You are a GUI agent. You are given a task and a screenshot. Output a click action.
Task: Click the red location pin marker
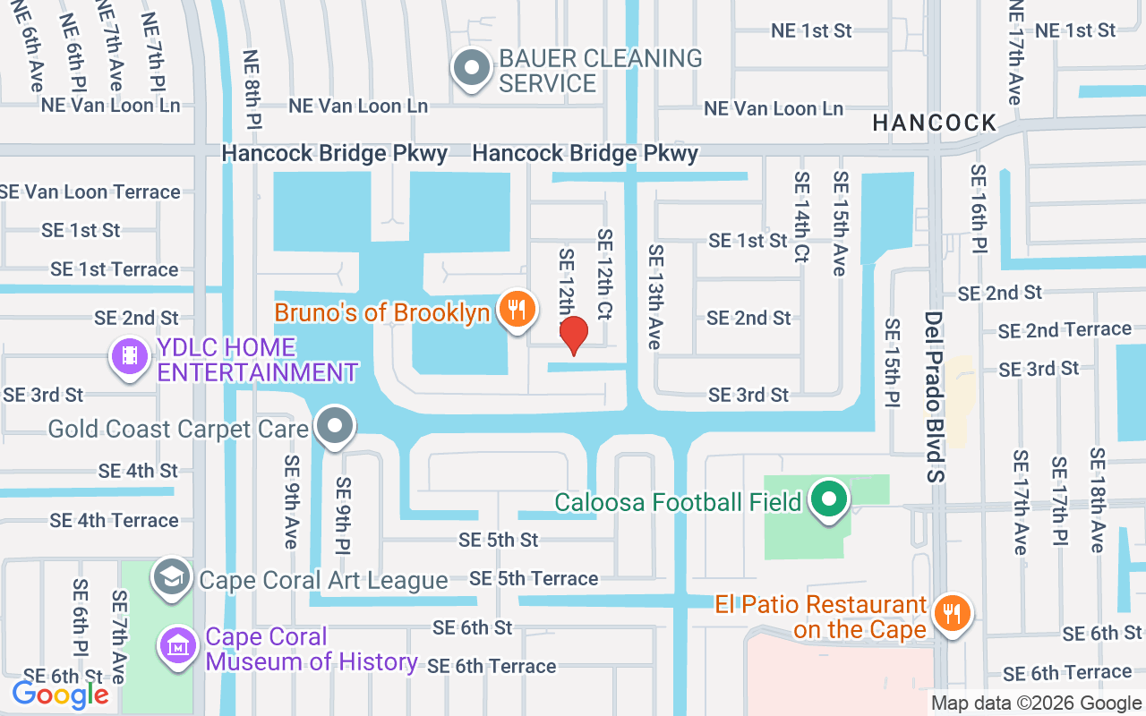574,336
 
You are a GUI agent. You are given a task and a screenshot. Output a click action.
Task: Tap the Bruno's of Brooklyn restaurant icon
517,310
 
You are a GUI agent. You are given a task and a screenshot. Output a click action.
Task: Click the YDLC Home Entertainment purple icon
130,356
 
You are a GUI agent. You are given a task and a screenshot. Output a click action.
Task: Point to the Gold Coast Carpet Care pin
336,427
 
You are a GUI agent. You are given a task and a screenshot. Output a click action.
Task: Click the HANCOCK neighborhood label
935,123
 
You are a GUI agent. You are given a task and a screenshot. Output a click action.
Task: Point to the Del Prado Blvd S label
935,396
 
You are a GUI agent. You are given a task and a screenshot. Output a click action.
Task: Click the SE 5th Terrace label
534,579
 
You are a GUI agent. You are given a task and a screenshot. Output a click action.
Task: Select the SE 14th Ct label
801,217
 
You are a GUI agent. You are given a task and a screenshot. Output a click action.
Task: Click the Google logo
61,695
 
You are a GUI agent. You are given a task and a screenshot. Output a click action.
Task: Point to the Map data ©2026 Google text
1036,703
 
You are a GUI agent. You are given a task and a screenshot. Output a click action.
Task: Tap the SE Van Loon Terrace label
90,192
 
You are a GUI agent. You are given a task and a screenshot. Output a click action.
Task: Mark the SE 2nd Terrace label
1065,330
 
